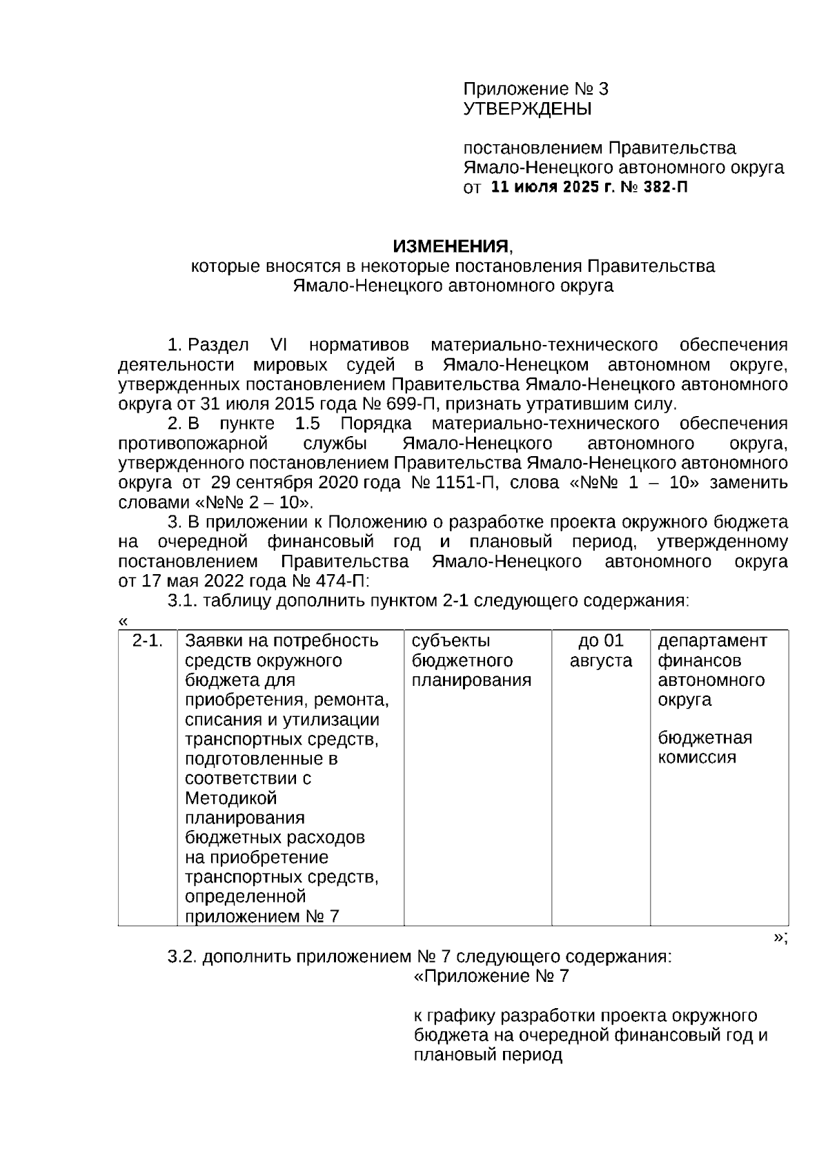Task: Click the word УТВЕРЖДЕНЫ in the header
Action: point(527,109)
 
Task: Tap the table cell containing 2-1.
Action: point(148,641)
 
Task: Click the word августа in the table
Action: point(600,661)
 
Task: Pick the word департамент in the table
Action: point(712,641)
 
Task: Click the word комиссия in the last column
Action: point(696,758)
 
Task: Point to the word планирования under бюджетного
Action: point(471,680)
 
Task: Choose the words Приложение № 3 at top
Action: point(535,89)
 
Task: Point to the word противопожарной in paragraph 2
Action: point(193,443)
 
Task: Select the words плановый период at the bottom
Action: point(488,1055)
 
